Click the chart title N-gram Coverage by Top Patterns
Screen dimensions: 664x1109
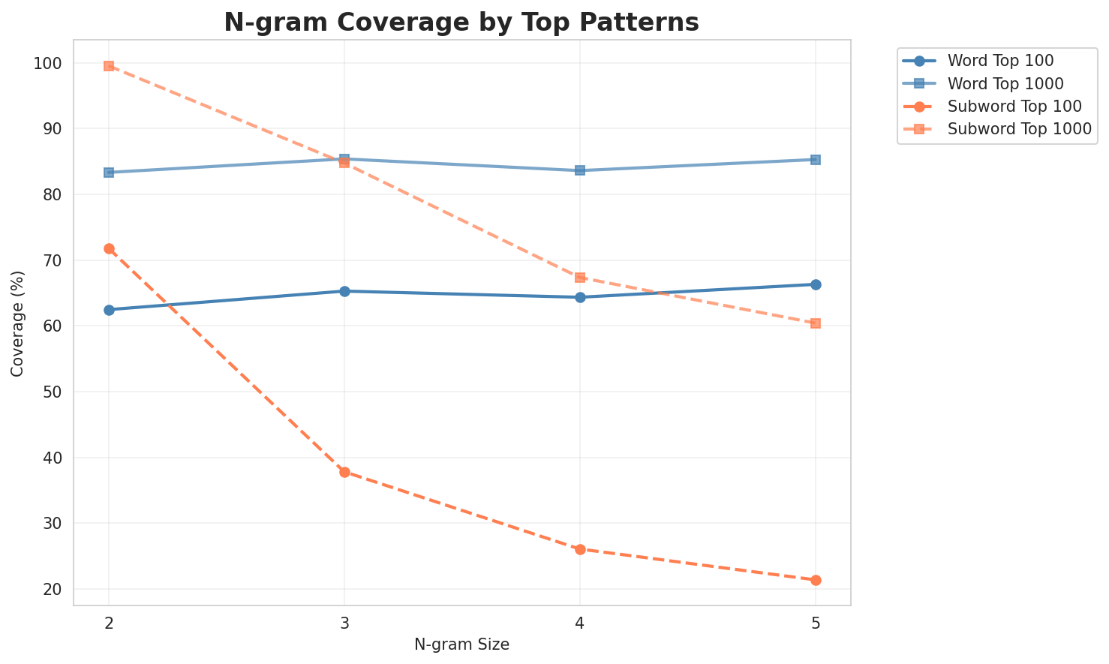pyautogui.click(x=461, y=23)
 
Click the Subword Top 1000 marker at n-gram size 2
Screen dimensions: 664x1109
pyautogui.click(x=109, y=66)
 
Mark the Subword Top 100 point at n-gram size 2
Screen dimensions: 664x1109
pyautogui.click(x=109, y=248)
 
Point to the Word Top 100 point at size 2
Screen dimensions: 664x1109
pyautogui.click(x=109, y=310)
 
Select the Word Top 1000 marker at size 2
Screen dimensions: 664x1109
pyautogui.click(x=109, y=173)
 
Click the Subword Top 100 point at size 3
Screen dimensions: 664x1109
pyautogui.click(x=344, y=472)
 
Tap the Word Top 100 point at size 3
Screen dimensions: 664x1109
pyautogui.click(x=344, y=291)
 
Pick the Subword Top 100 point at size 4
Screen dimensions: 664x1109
pyautogui.click(x=580, y=549)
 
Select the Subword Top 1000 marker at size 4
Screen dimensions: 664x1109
pyautogui.click(x=580, y=278)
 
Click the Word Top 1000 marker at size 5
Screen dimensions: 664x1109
pyautogui.click(x=816, y=160)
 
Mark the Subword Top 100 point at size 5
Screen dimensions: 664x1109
pyautogui.click(x=816, y=580)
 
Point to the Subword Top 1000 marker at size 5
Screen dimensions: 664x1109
pyautogui.click(x=816, y=323)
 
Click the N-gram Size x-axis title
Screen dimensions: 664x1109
pyautogui.click(x=461, y=644)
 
